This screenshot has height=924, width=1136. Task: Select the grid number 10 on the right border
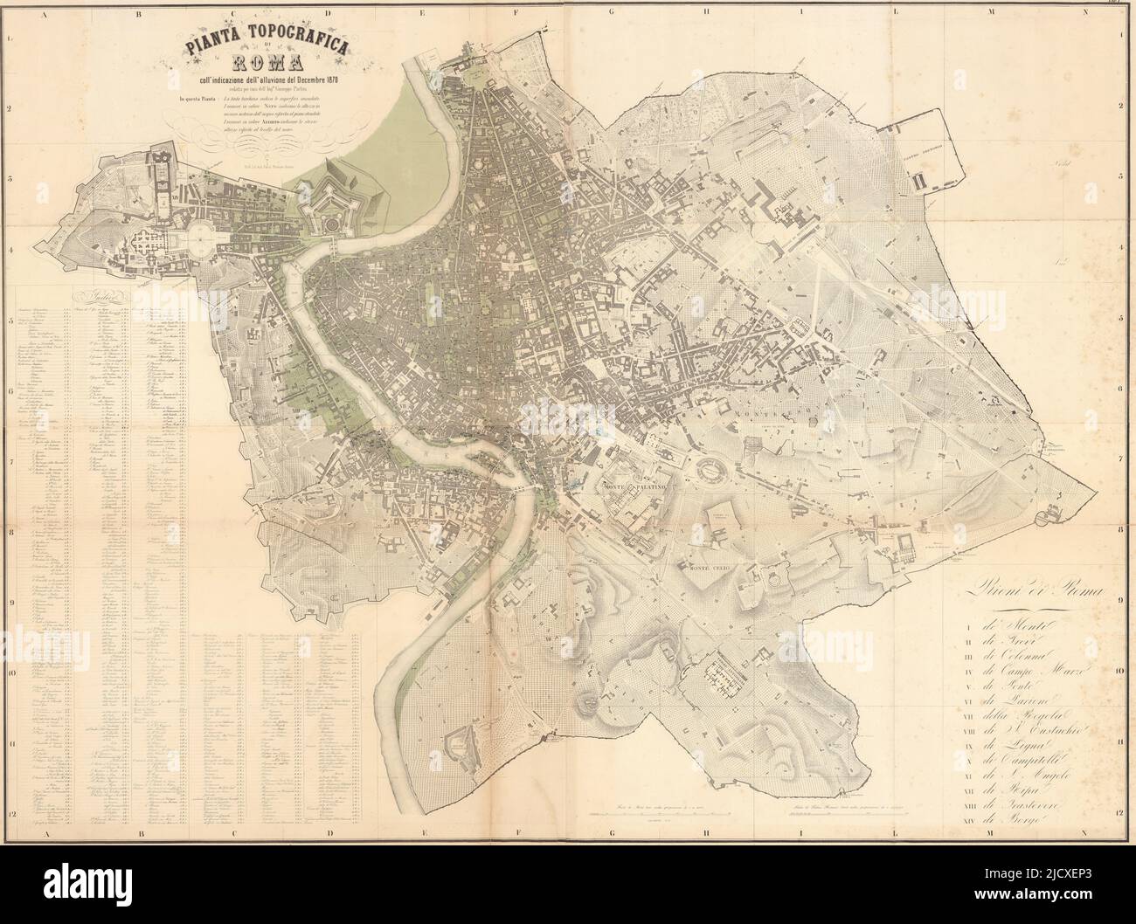point(1119,672)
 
